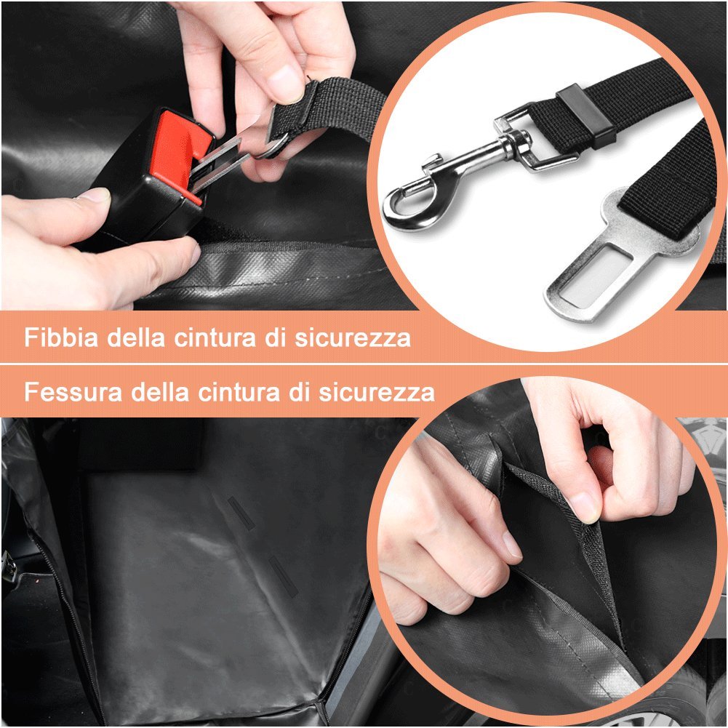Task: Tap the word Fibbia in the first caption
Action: [61, 337]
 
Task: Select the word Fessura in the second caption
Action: [73, 391]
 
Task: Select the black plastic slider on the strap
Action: [586, 114]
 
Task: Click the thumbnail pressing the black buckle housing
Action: [95, 194]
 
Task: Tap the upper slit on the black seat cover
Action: [241, 513]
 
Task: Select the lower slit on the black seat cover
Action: [282, 577]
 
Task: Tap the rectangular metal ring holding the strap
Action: [534, 140]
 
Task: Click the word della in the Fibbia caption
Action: [135, 337]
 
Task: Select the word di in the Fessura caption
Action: [298, 391]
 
